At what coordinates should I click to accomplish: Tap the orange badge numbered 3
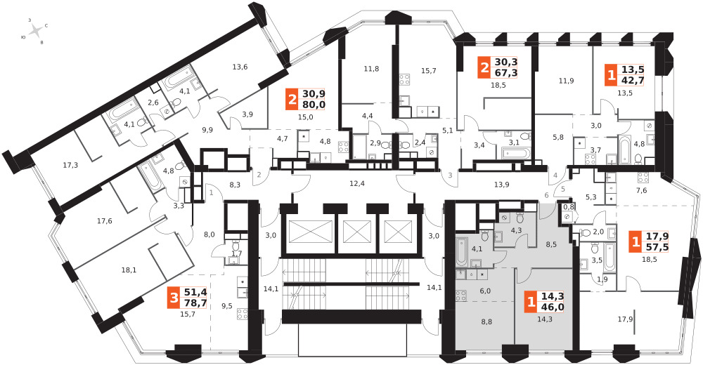[x=173, y=298]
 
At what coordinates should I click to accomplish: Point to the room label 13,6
[x=240, y=67]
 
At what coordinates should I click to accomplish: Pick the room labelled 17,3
[x=70, y=165]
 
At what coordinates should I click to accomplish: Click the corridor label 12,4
[x=357, y=184]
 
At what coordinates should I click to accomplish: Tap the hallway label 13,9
[x=501, y=184]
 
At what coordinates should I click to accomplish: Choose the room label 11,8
[x=371, y=69]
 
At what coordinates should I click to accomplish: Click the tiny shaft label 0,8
[x=569, y=206]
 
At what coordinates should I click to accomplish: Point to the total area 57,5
[x=659, y=247]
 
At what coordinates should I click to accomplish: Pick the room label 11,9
[x=566, y=81]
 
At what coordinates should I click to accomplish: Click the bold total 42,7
[x=633, y=79]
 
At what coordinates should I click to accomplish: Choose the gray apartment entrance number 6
[x=546, y=195]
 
